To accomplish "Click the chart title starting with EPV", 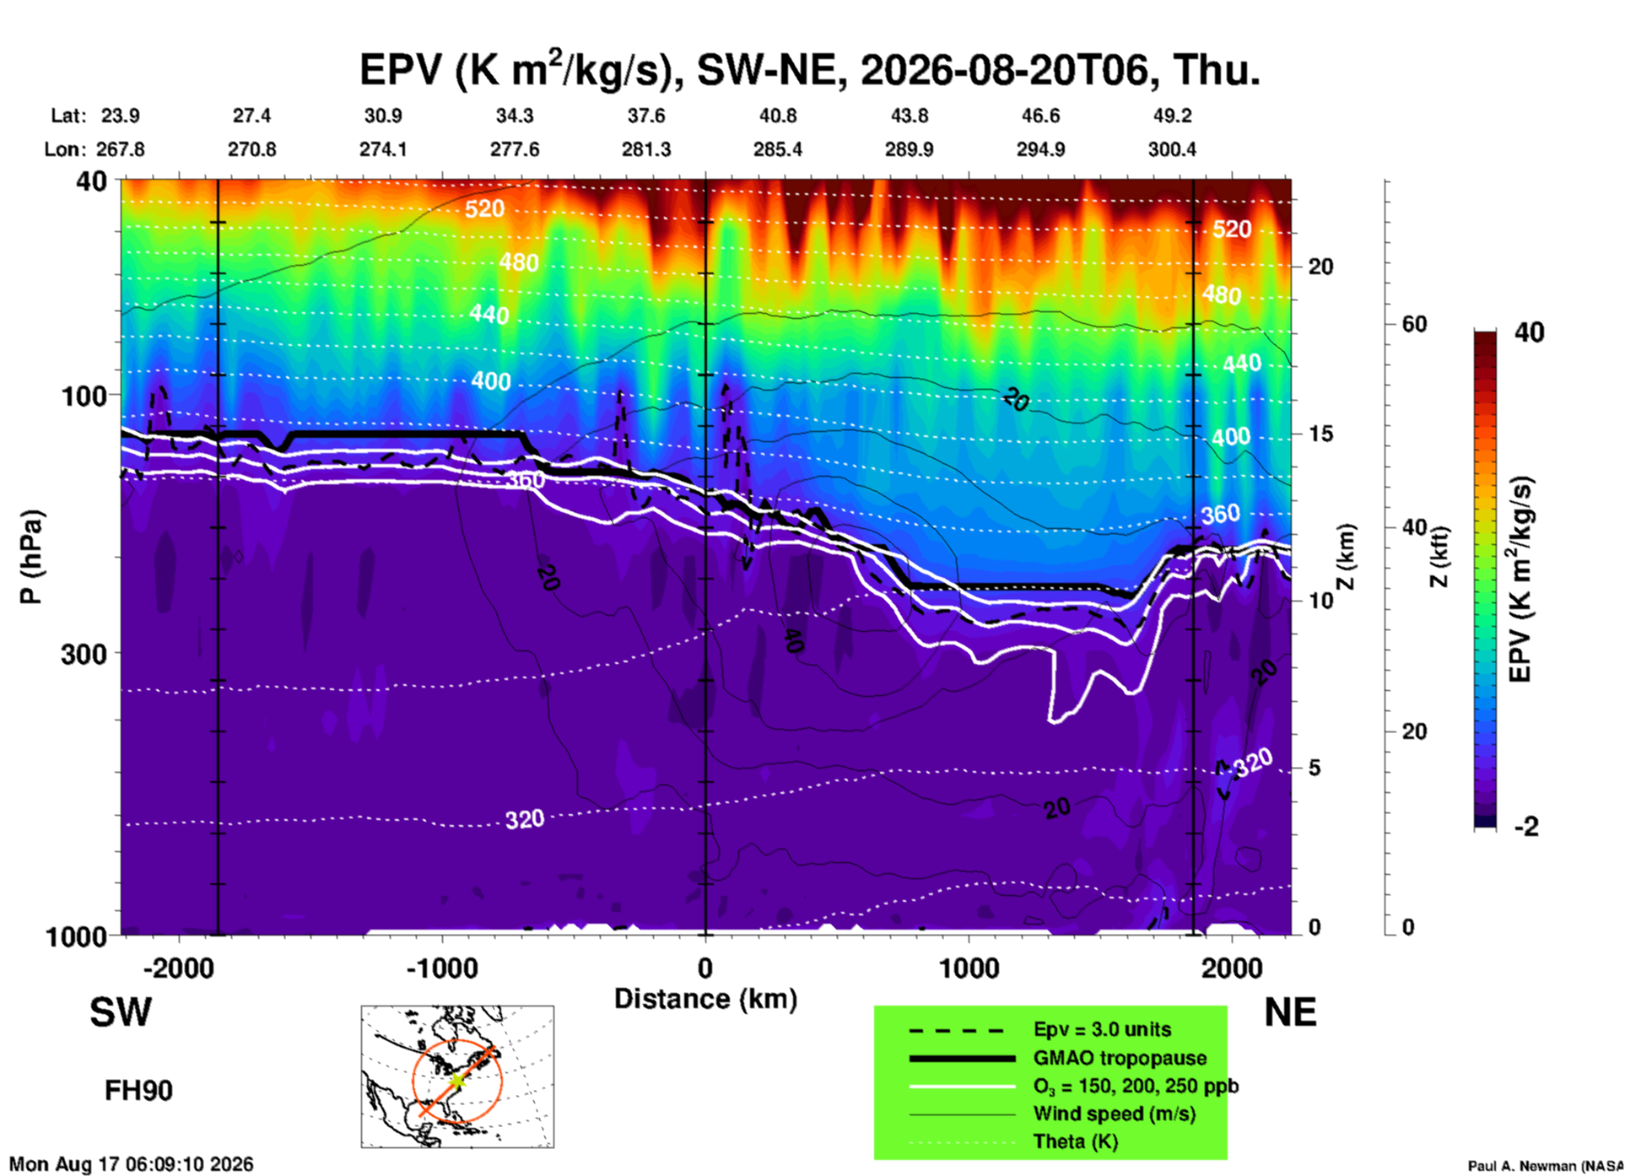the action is [x=810, y=69].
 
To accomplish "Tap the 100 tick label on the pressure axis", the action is [x=85, y=395].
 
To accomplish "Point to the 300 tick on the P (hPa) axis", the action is [x=85, y=653].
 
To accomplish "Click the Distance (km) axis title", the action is [x=705, y=999].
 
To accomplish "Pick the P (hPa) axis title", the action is [x=31, y=557].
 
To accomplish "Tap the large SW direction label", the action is [x=121, y=1012].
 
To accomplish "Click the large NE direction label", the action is [x=1291, y=1012].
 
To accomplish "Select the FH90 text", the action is [x=138, y=1091].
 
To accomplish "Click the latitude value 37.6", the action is [x=646, y=116].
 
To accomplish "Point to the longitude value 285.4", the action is [x=778, y=149].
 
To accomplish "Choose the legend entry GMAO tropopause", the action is [x=1120, y=1058].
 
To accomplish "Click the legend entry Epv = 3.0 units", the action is [x=1102, y=1029].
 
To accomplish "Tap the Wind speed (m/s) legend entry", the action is [x=1114, y=1114].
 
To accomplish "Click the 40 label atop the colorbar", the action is [x=1529, y=332].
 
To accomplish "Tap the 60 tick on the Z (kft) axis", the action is [x=1414, y=324].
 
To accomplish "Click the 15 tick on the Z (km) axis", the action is [x=1320, y=434].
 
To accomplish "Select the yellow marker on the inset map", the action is [x=456, y=1081].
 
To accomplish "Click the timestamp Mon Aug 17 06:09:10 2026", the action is [x=132, y=1164].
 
